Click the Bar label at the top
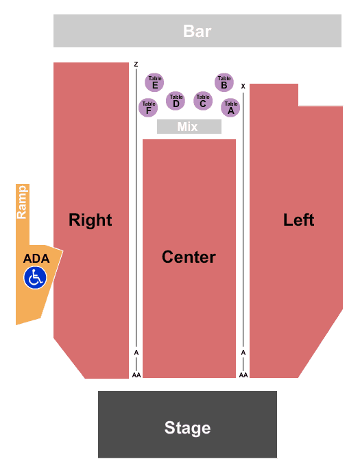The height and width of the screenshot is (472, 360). click(197, 31)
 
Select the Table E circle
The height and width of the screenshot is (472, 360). click(154, 82)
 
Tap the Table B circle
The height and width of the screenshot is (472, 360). click(224, 82)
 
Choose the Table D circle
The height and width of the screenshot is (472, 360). click(176, 101)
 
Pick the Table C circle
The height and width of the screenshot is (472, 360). click(203, 101)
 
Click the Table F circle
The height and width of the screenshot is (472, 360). click(148, 108)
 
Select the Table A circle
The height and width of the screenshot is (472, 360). click(230, 108)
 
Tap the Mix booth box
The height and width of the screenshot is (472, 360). click(189, 126)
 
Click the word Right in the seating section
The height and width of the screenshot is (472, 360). click(91, 220)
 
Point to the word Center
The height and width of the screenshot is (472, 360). click(189, 257)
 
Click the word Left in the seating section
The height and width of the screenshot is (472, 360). click(299, 220)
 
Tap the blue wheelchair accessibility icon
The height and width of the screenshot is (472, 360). click(35, 278)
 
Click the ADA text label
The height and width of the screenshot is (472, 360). click(36, 259)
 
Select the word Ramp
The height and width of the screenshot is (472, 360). click(22, 202)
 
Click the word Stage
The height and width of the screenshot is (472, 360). click(187, 428)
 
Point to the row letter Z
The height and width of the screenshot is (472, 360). click(136, 64)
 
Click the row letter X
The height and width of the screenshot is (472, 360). click(243, 86)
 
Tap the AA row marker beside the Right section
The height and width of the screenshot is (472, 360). click(136, 375)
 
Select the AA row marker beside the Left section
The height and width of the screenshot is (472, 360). click(243, 375)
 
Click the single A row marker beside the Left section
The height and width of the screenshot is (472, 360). click(243, 352)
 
